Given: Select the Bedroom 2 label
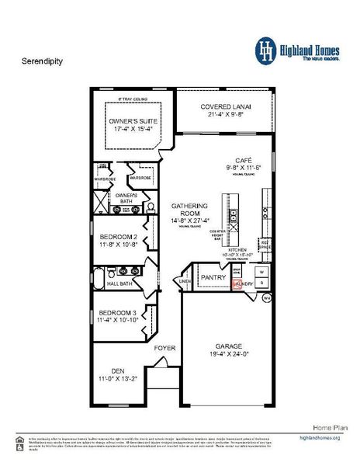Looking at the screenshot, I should pyautogui.click(x=118, y=236).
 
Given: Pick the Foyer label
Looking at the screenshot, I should pyautogui.click(x=165, y=348).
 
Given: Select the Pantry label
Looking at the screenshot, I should pyautogui.click(x=213, y=276).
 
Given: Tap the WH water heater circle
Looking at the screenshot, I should pyautogui.click(x=266, y=297).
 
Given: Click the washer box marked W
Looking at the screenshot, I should pyautogui.click(x=261, y=272).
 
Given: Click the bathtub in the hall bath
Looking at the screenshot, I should pyautogui.click(x=99, y=278).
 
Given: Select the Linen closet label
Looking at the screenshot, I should pyautogui.click(x=185, y=281).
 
